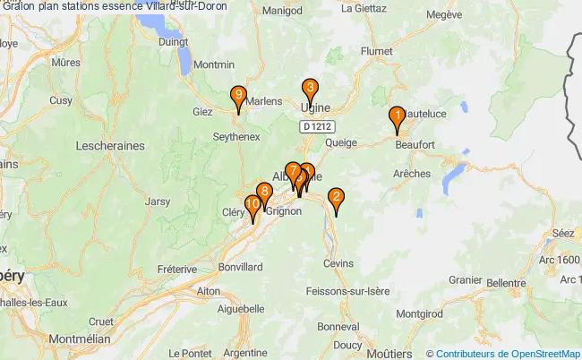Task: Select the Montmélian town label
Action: coord(80,339)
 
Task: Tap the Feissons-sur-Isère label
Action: coord(347,291)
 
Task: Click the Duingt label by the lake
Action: coord(172,40)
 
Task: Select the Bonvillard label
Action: coord(240,267)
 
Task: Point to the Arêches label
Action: coord(411,173)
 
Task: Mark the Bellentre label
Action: coord(507,282)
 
